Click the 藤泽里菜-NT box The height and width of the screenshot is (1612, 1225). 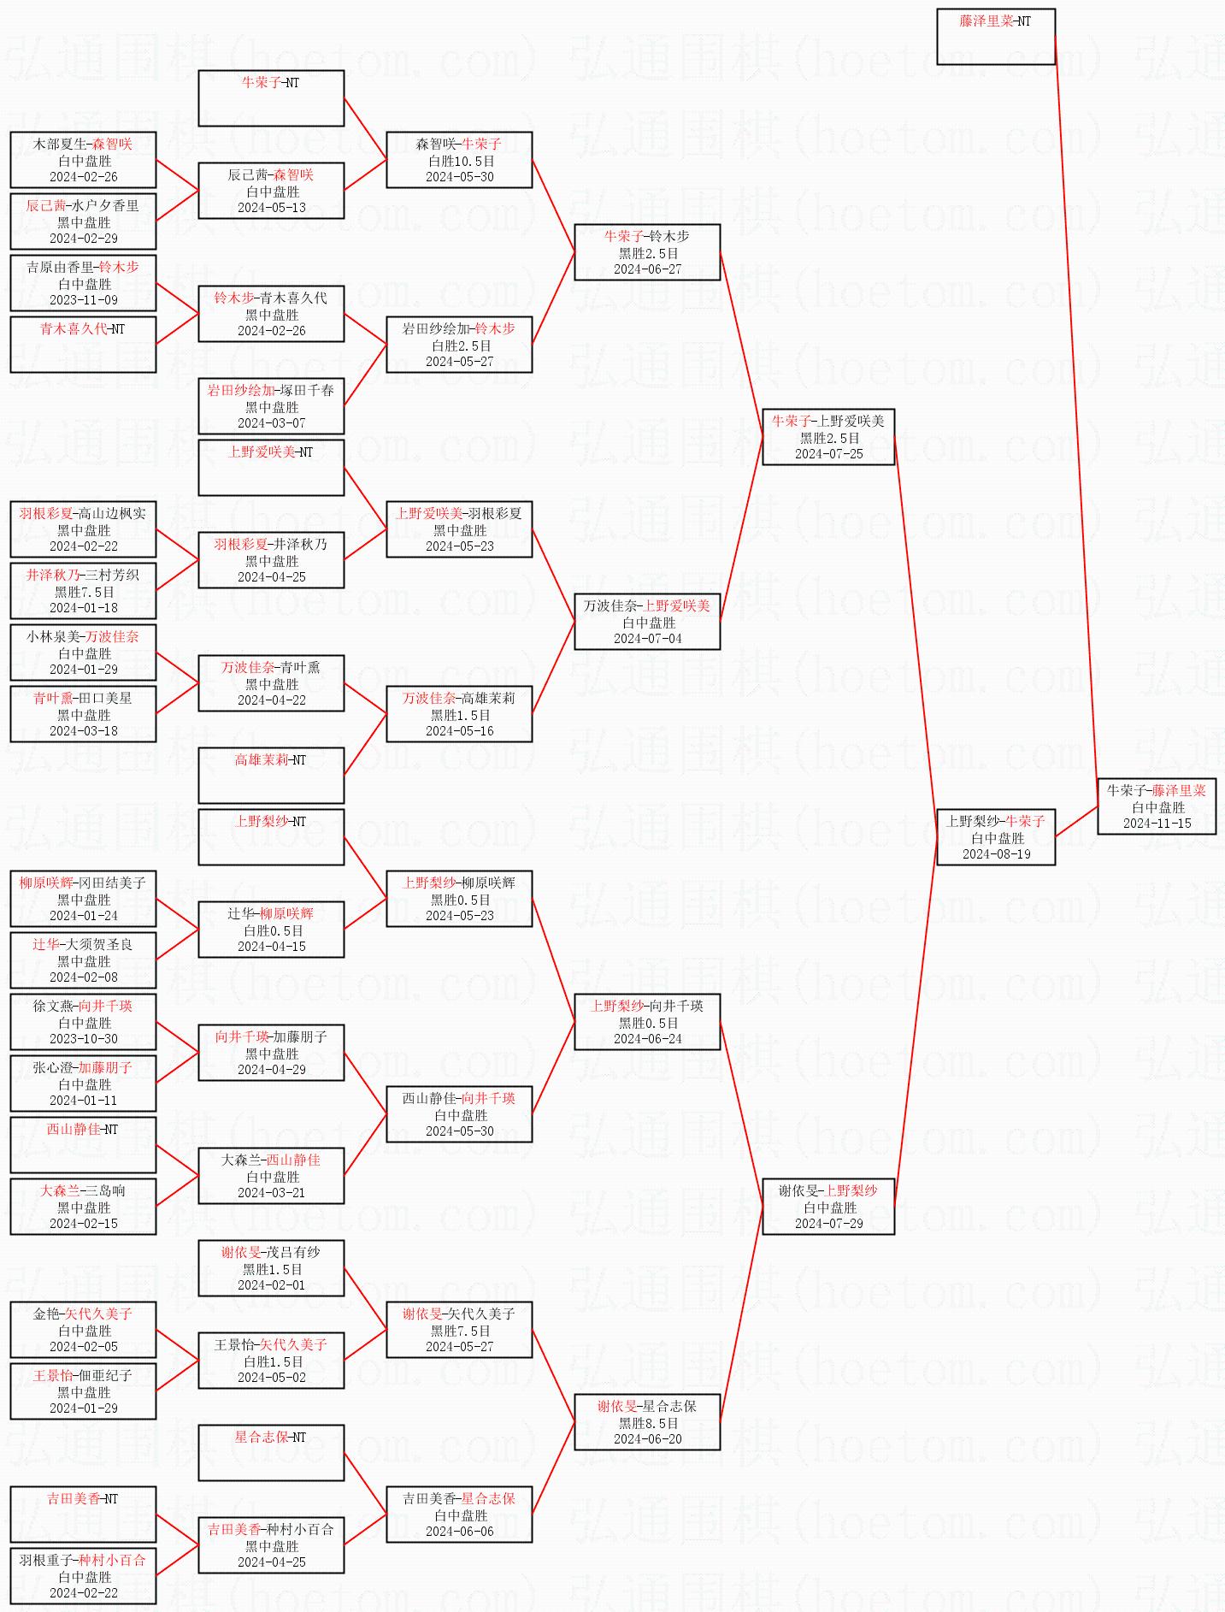[996, 37]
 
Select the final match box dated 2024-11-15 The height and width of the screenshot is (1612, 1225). [1157, 806]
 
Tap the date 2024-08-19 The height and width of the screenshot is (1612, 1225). [996, 853]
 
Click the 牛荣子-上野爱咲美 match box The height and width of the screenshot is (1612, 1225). [828, 437]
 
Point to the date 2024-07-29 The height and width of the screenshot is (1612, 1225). [828, 1223]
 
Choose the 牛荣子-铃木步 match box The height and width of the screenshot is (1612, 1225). [647, 252]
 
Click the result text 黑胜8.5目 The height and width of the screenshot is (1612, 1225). [648, 1423]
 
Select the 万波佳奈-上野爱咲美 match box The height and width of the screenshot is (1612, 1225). [647, 622]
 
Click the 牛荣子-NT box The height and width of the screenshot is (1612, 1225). [271, 98]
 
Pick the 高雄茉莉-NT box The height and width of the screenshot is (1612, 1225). [271, 776]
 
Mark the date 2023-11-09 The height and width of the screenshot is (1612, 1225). [83, 299]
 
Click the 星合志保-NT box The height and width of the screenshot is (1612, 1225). [271, 1453]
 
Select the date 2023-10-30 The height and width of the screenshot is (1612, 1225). [83, 1038]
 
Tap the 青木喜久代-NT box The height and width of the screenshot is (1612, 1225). [83, 345]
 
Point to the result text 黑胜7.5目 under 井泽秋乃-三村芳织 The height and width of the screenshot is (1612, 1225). [84, 592]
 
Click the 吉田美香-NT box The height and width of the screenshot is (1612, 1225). [83, 1515]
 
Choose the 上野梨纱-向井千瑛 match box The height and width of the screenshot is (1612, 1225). [647, 1022]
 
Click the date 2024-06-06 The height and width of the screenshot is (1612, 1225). [459, 1531]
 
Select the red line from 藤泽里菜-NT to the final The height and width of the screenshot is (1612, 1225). [1076, 407]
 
